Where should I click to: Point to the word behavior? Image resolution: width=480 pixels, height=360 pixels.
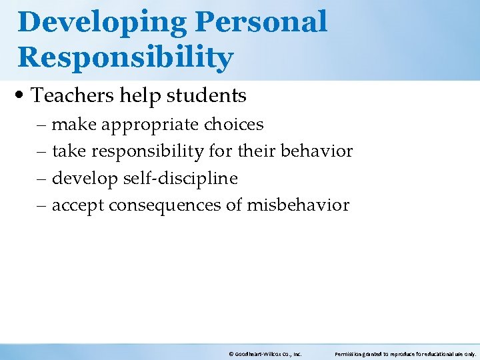click(317, 151)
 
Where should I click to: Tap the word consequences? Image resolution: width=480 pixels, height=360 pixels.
click(166, 205)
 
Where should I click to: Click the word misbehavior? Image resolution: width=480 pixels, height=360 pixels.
click(298, 205)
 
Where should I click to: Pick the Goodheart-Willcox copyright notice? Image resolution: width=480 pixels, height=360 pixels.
click(265, 354)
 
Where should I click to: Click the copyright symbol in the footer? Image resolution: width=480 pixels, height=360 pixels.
click(231, 354)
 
